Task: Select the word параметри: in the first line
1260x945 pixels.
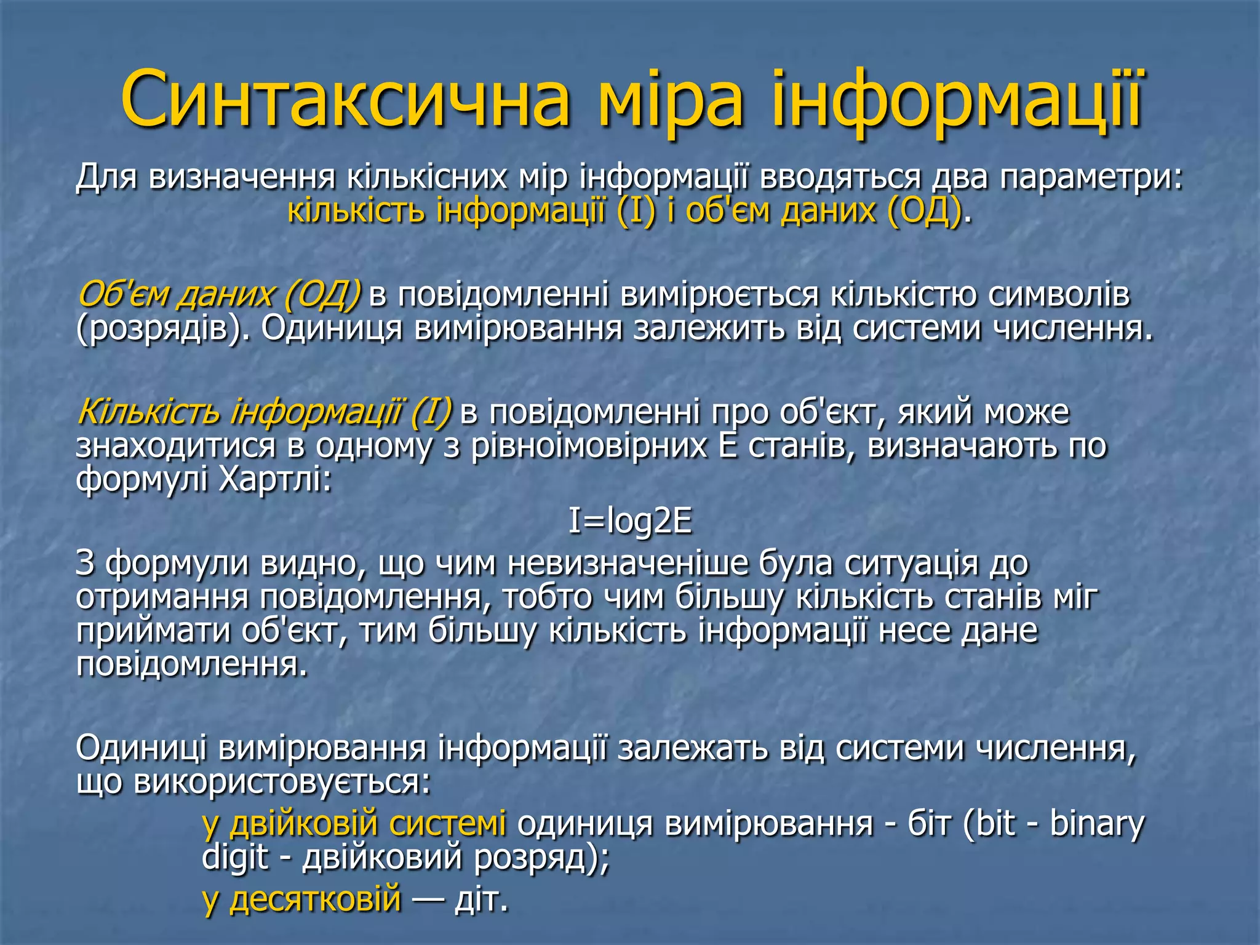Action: pos(1091,178)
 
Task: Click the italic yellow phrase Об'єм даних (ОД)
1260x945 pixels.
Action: pos(219,294)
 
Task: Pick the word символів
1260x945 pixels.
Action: pos(1059,294)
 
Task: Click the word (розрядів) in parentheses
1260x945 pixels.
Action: pos(162,329)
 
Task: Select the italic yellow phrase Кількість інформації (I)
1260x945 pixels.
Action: pos(265,412)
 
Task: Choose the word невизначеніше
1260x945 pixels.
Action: pos(628,563)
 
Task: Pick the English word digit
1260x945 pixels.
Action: pos(236,857)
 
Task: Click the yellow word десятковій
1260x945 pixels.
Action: pos(315,899)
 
